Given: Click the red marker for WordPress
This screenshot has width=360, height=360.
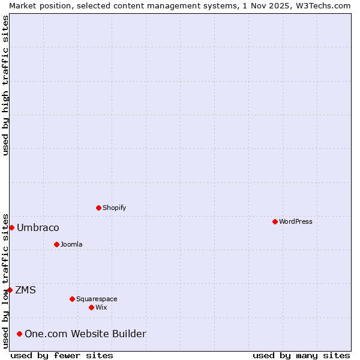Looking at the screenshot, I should (x=275, y=221).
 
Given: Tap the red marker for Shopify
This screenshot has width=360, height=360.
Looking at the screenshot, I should (x=98, y=208).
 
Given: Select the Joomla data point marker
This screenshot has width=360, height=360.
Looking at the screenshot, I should (x=56, y=244).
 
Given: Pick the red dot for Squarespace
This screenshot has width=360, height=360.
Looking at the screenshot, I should (x=72, y=299).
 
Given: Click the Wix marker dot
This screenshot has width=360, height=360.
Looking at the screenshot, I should (x=91, y=307).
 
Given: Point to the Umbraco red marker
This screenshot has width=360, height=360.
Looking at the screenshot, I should (x=11, y=227).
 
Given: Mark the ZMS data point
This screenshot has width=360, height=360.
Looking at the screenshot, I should (x=10, y=290).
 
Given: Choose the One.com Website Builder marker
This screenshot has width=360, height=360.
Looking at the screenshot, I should (x=19, y=334).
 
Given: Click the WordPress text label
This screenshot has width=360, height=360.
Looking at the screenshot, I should (x=295, y=221).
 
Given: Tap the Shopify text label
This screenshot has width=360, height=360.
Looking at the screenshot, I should (x=114, y=208).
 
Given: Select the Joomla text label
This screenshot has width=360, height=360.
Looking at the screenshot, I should (x=71, y=244).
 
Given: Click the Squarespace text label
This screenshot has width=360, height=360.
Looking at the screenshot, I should (x=97, y=299).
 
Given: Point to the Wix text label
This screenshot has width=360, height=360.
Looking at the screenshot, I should (x=101, y=307).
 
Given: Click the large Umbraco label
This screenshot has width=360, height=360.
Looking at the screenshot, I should (x=38, y=228).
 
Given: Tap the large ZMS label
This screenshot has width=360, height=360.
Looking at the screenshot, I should (x=25, y=290).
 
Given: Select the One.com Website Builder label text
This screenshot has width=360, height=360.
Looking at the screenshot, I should (x=85, y=334).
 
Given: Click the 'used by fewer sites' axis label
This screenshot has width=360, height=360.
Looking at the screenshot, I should (x=62, y=355).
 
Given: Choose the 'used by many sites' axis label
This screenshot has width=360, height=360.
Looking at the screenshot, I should (x=301, y=355).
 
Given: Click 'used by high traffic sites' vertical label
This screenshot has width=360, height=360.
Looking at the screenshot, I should (x=5, y=85).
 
